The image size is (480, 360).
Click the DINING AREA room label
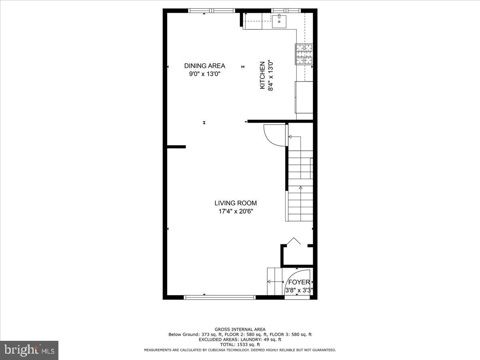[x=204, y=66]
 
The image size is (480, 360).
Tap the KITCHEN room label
[x=262, y=75]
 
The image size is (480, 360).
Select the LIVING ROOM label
[x=236, y=203]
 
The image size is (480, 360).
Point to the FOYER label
[x=299, y=282]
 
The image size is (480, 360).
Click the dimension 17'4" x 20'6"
[x=236, y=211]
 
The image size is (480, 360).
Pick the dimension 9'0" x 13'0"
[x=204, y=74]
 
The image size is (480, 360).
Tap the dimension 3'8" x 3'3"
[x=299, y=290]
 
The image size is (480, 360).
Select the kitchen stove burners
[x=304, y=54]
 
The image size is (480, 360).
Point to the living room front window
[x=220, y=297]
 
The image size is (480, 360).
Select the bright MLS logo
[x=29, y=350]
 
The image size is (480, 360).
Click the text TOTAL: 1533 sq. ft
[x=240, y=344]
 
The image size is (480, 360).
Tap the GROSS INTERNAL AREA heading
[x=240, y=330]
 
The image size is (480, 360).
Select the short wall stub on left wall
[x=176, y=147]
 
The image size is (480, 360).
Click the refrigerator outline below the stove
[x=304, y=97]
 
